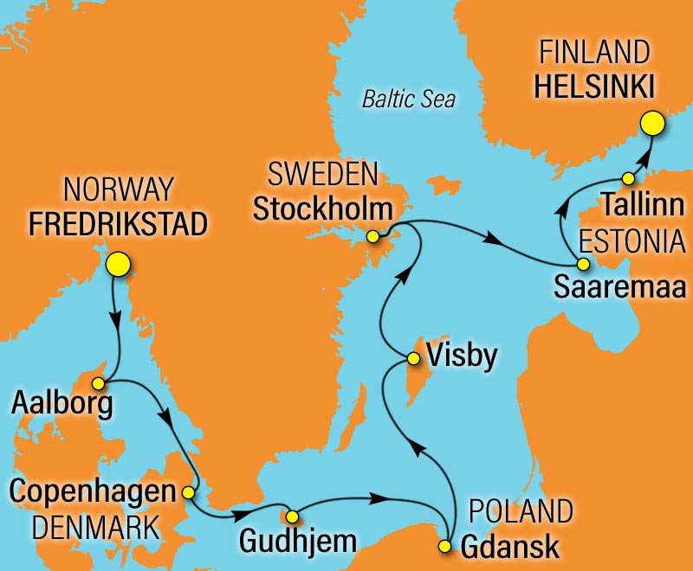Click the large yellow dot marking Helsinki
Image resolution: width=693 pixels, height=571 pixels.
pos(652,125)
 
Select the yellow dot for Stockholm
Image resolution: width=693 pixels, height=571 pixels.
pos(372,236)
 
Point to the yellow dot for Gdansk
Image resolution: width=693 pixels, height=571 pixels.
pos(445,546)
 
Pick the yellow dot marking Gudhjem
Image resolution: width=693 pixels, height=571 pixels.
pos(292,517)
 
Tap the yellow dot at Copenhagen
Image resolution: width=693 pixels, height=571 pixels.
pos(188,492)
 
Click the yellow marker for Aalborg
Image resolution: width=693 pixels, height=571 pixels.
pos(99,382)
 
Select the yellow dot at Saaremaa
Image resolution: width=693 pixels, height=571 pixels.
pos(583,264)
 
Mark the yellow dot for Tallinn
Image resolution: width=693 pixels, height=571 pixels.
pos(629,178)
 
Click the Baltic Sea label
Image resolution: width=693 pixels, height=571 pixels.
pos(408,99)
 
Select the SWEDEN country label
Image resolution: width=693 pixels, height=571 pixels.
pos(323,176)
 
